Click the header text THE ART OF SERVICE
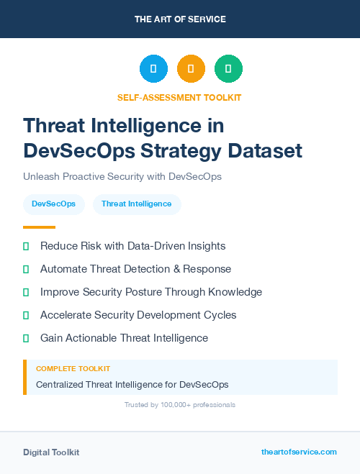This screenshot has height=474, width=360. [180, 19]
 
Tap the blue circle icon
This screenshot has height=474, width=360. [153, 69]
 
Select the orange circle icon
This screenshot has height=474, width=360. [191, 69]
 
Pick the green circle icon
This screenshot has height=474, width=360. [228, 69]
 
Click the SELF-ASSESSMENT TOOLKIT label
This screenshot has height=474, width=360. [179, 97]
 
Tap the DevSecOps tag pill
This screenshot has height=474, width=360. [54, 204]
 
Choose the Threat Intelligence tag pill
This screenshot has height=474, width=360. [137, 204]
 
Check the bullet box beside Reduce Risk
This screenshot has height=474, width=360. [26, 246]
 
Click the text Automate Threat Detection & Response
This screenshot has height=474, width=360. [135, 269]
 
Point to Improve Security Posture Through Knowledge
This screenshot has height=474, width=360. [151, 292]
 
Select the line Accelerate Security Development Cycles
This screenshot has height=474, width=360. [138, 315]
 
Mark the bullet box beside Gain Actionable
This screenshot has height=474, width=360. [26, 338]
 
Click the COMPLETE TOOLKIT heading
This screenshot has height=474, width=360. [73, 369]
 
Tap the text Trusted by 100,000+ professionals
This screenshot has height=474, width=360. [180, 405]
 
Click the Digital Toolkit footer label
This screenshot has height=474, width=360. [51, 452]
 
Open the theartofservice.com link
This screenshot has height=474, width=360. [299, 452]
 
